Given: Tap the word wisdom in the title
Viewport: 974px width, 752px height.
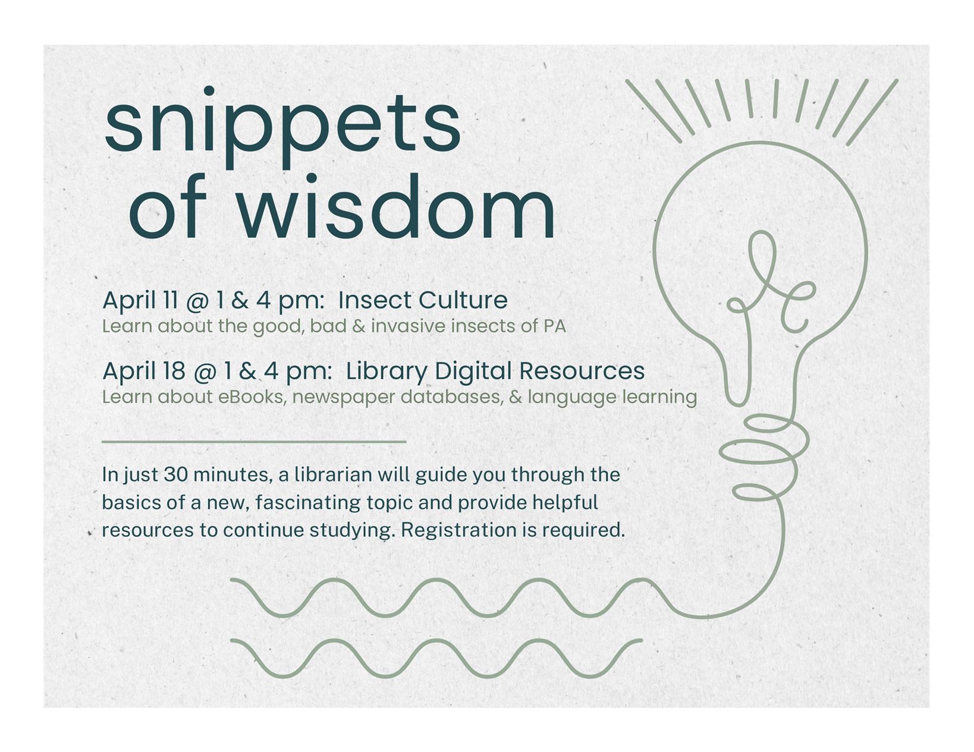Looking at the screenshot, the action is point(396,206).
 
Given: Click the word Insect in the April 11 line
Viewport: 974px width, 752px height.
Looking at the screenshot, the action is point(372,300).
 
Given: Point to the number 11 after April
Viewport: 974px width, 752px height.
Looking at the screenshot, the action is point(170,300).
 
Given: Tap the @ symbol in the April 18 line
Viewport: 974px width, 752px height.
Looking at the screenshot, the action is point(205,372).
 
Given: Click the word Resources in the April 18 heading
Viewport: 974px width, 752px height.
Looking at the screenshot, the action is point(582,371).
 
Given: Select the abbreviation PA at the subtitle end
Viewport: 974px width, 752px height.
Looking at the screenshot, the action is point(555,326).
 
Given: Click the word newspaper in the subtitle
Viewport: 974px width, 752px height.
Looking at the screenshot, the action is point(343,398).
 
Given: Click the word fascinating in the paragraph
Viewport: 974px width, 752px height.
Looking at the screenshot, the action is point(308,502).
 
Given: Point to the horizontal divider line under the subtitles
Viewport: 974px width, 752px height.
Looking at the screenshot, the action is point(254,442).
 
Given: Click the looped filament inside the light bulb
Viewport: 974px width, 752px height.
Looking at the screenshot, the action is point(766,287).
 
